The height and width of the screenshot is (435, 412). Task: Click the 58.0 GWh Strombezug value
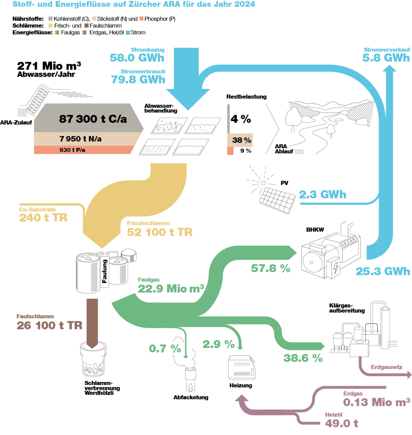(x=137, y=58)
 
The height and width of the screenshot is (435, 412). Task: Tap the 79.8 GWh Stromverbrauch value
(x=138, y=79)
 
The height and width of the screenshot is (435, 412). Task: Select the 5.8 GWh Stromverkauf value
(x=386, y=58)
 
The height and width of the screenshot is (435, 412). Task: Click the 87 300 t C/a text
(x=93, y=119)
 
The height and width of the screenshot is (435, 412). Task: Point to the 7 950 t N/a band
(x=80, y=139)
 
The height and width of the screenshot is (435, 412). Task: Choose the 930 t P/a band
(x=72, y=150)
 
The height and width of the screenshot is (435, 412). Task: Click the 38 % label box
(x=242, y=140)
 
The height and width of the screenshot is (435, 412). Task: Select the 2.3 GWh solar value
(x=322, y=195)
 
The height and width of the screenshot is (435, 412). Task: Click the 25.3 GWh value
(x=383, y=271)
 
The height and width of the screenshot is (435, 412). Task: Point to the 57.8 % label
(x=270, y=268)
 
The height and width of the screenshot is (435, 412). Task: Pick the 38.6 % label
(x=303, y=358)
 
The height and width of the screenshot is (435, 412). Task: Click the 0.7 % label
(x=165, y=348)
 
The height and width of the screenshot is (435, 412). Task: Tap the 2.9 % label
(x=219, y=344)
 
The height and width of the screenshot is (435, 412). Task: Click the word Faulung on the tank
(x=105, y=271)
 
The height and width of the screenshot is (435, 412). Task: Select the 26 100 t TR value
(x=49, y=325)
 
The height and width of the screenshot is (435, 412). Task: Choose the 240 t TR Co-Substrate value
(x=43, y=218)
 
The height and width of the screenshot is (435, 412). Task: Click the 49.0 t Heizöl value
(x=342, y=424)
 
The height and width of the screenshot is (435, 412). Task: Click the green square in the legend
(x=57, y=33)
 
